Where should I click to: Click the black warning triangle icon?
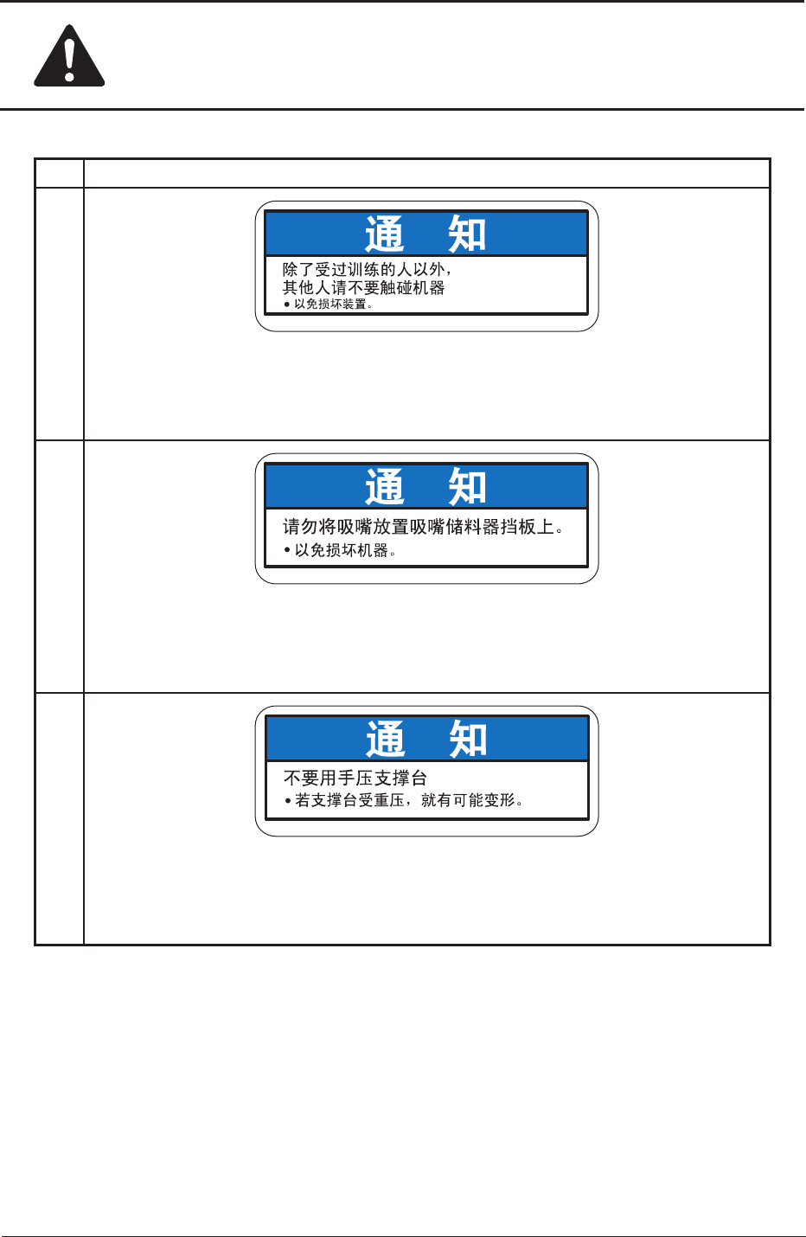(69, 57)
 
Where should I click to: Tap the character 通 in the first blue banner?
(385, 234)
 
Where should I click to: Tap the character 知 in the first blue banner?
(467, 234)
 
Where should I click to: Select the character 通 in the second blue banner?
(385, 487)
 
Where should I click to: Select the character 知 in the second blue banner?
(467, 487)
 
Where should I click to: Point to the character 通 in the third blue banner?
(386, 740)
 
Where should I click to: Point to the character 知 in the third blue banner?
(468, 740)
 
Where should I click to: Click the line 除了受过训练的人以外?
(367, 270)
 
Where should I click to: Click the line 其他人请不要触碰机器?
(363, 287)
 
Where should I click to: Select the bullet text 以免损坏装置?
(333, 304)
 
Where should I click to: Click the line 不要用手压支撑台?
(355, 779)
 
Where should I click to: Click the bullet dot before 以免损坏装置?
(287, 304)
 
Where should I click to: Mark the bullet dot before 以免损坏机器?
(287, 550)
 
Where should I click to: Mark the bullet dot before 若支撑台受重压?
(289, 801)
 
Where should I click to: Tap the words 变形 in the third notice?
(500, 801)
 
